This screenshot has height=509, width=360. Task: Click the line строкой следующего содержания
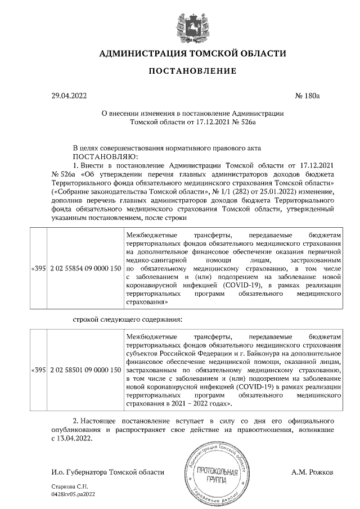pos(127,319)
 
